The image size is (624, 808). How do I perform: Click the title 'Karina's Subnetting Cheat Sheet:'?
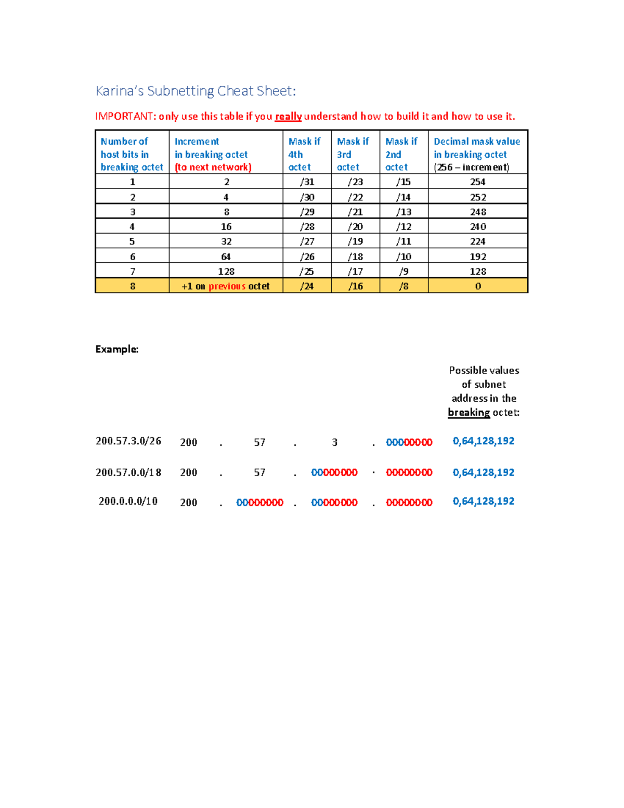tap(196, 91)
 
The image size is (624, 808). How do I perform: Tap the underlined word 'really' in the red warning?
tap(288, 116)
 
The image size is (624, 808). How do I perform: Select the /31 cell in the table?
tap(307, 182)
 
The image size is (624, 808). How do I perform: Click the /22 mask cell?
tap(355, 197)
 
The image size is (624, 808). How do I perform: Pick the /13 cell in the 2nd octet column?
tap(404, 212)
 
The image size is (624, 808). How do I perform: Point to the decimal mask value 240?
tap(478, 226)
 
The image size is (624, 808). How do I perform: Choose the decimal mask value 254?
tap(478, 182)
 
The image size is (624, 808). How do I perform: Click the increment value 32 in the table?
tap(226, 241)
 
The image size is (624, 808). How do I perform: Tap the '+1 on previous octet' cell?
tap(226, 286)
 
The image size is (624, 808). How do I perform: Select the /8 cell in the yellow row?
tap(404, 286)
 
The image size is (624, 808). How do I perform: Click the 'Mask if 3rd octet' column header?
tap(353, 154)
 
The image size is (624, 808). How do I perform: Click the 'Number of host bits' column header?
tap(132, 154)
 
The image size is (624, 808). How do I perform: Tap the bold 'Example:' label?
tap(117, 349)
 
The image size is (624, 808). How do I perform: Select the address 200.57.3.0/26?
tap(128, 441)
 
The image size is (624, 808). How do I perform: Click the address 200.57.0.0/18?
tap(128, 472)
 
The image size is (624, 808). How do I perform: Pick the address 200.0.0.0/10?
tap(128, 501)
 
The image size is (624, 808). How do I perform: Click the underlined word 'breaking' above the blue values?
tap(469, 413)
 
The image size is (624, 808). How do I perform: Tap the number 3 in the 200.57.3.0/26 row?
tap(334, 442)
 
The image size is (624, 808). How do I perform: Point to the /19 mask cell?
tap(355, 241)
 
